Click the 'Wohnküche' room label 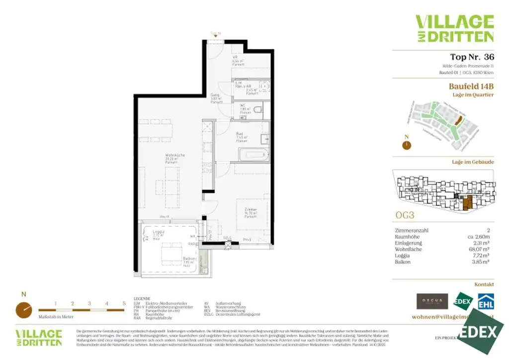[x=175, y=156]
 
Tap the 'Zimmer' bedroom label [x=250, y=210]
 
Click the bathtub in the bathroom [x=253, y=154]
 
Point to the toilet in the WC [x=258, y=109]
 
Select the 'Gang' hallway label [x=215, y=94]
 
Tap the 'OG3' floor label [x=405, y=215]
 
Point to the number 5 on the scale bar [x=124, y=303]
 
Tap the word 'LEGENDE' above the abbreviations [x=142, y=299]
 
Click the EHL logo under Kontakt [x=486, y=302]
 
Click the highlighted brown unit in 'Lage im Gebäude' [x=466, y=201]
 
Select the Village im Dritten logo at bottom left [x=39, y=337]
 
